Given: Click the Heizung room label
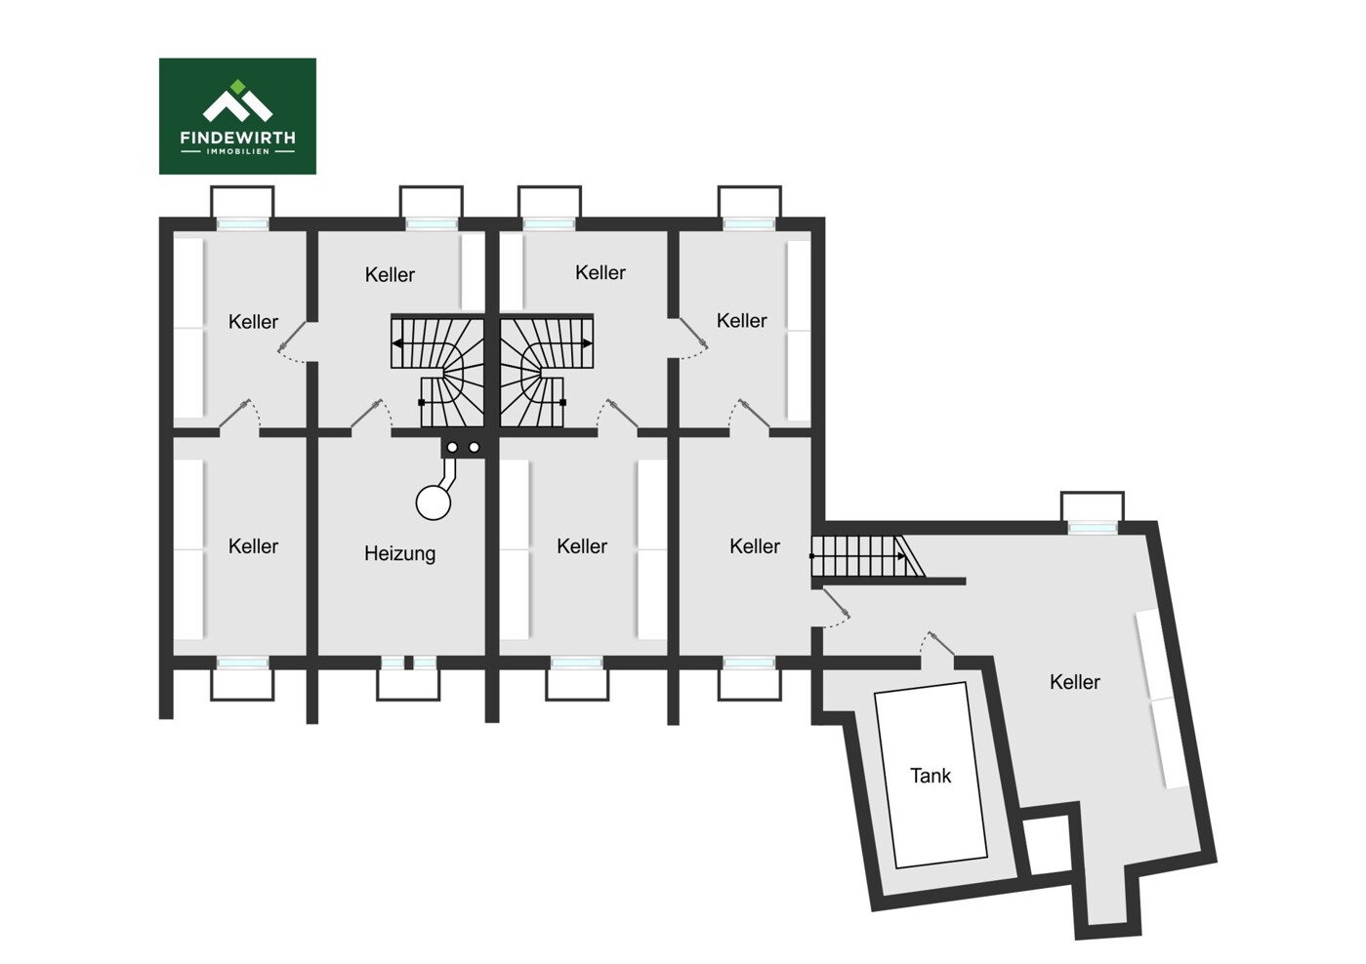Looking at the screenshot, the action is (400, 554).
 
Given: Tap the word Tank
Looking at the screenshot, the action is (931, 776).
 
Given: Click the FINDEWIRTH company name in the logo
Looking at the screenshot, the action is (238, 138).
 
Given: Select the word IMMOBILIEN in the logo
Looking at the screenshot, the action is (238, 152).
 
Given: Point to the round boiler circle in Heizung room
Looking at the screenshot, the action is (433, 502).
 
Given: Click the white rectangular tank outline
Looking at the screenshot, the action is (931, 775).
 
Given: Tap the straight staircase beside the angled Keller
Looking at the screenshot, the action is (867, 556).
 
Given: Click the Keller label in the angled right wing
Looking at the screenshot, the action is (1075, 682).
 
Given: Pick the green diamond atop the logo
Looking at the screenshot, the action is (238, 87).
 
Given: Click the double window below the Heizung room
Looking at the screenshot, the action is (408, 663).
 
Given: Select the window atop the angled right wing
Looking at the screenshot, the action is (1093, 528).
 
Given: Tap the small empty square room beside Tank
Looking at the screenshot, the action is (1048, 845).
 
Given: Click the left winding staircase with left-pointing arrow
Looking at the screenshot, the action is (437, 371).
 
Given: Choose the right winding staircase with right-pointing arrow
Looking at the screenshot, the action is (547, 371).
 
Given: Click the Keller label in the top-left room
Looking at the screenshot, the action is (253, 322).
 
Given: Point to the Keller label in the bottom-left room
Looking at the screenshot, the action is (253, 546).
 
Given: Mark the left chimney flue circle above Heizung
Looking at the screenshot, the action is (452, 448).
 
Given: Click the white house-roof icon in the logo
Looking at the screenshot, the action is (238, 106).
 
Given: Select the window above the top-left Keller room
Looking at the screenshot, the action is (243, 223).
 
